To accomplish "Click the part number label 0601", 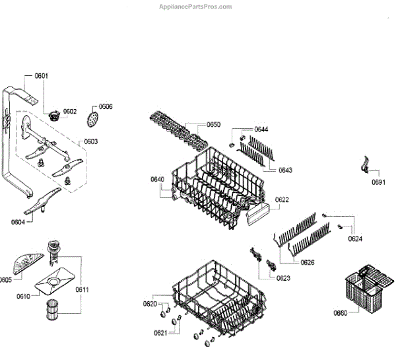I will tap(41, 76).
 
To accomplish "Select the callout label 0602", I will tap(70, 111).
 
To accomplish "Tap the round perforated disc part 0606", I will tap(92, 121).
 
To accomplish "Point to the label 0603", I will tap(90, 141).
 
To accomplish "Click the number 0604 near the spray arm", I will tap(18, 223).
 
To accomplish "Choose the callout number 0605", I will tap(5, 279).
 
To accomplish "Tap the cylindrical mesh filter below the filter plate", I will tap(51, 311).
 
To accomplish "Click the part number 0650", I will tap(213, 124).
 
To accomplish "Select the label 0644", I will tap(261, 129).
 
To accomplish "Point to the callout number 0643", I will tap(285, 170).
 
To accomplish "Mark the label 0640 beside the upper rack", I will tap(157, 179).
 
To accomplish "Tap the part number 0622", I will tap(282, 199).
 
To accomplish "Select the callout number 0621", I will tap(160, 333).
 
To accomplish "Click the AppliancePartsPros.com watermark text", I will tap(197, 7).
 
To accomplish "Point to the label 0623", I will tap(283, 278).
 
